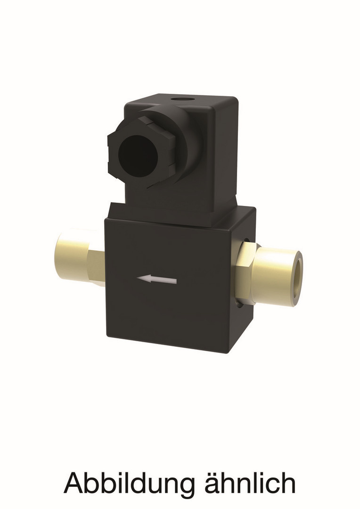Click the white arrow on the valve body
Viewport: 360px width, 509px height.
tap(157, 279)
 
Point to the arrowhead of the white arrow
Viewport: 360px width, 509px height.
tap(143, 279)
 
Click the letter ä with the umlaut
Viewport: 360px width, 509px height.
tap(214, 484)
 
